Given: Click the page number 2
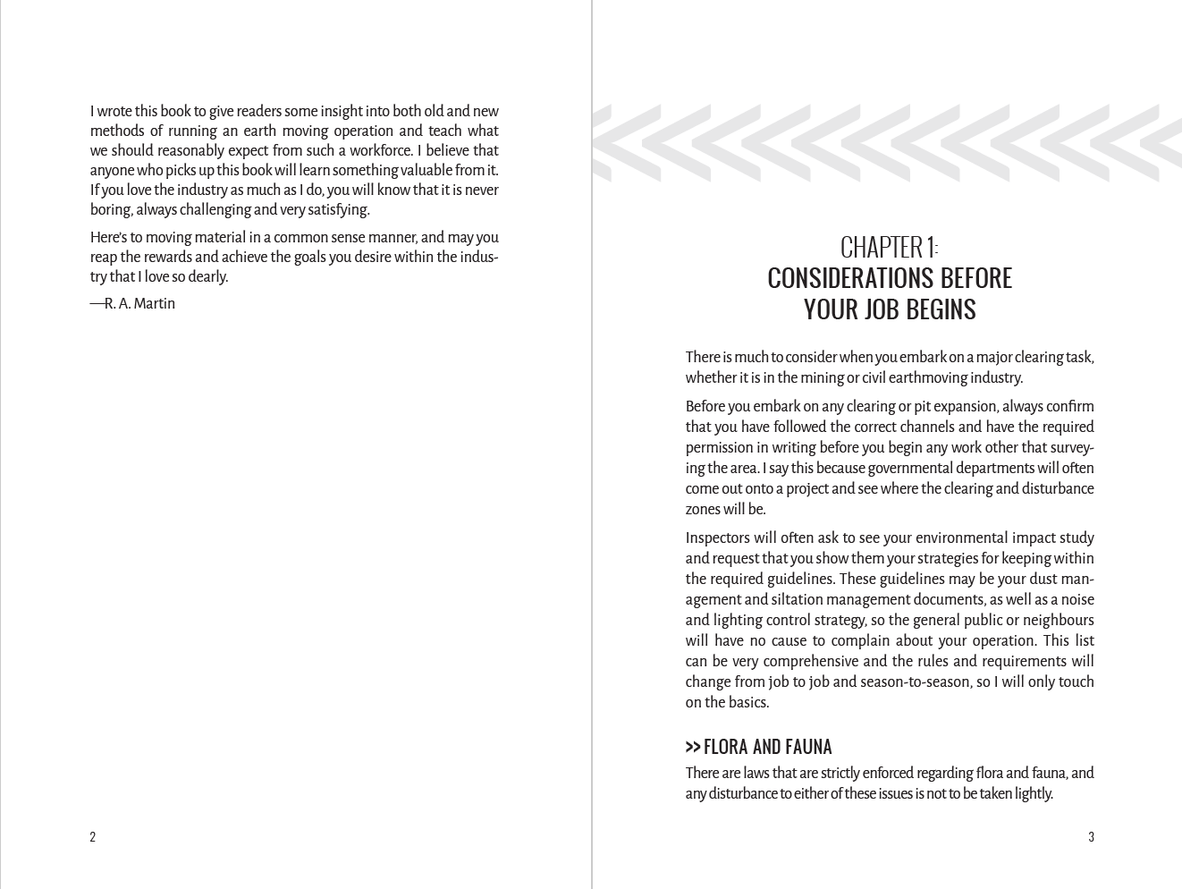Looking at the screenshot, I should click(92, 837).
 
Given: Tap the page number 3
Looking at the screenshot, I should click(1091, 837).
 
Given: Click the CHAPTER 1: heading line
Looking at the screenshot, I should click(889, 247).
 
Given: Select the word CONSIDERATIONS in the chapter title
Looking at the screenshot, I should click(839, 278).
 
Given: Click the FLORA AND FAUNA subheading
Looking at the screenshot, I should click(767, 747).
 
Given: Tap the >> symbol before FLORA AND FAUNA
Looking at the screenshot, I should click(693, 747).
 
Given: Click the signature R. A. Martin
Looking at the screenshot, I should click(139, 304).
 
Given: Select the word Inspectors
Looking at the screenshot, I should click(717, 538).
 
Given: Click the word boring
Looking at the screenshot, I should click(110, 210).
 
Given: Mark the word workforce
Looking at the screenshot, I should click(377, 151).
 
